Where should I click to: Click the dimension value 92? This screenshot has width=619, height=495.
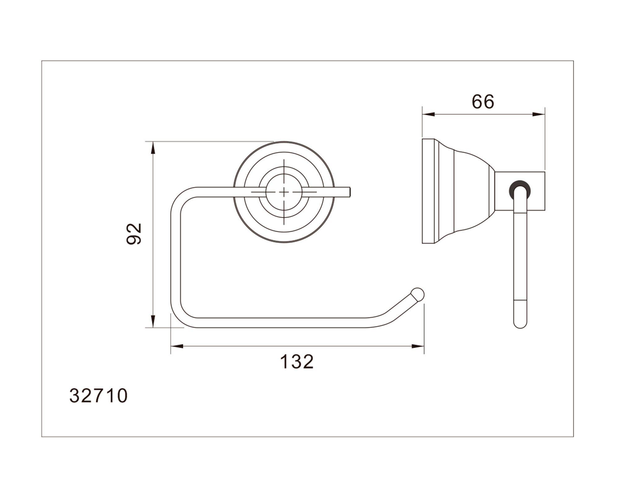(x=134, y=234)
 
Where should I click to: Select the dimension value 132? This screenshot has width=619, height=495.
(x=297, y=362)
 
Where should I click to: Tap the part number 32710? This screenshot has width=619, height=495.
(x=98, y=396)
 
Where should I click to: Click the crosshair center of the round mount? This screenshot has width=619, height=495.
(x=284, y=192)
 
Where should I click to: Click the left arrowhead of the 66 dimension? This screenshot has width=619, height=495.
(x=429, y=114)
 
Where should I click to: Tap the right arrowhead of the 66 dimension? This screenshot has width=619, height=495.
(x=539, y=114)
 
